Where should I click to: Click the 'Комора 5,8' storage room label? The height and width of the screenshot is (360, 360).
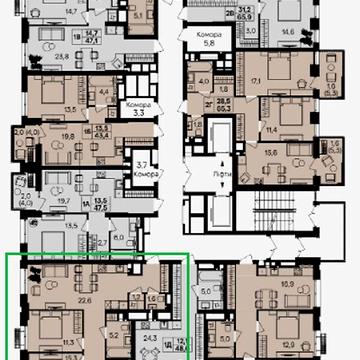(x=210, y=39)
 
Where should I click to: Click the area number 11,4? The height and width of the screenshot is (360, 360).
(x=271, y=129)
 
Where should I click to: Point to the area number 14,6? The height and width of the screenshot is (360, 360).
(x=287, y=33)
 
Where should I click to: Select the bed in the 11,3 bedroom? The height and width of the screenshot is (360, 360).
(x=45, y=325)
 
